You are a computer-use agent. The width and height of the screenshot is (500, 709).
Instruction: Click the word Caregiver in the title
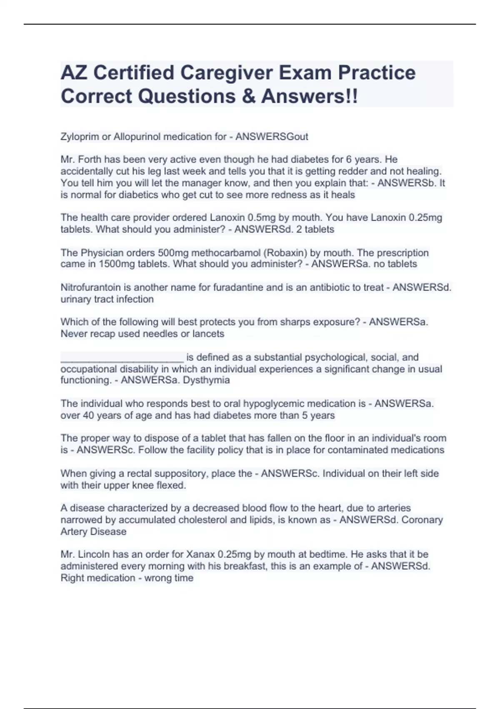click(x=226, y=73)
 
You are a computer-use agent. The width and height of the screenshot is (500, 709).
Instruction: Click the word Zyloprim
click(x=80, y=137)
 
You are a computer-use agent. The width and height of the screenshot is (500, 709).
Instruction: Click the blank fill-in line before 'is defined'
click(x=122, y=358)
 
